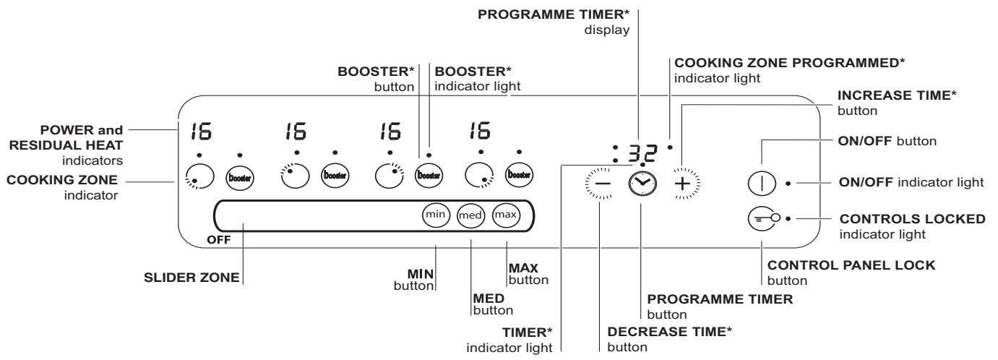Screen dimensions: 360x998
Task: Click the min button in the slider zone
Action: click(436, 215)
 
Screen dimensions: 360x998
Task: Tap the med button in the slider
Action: click(470, 215)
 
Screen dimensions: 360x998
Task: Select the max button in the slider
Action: click(505, 215)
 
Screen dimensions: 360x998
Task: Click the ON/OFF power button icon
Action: click(762, 182)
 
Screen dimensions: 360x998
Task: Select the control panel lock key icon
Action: click(763, 217)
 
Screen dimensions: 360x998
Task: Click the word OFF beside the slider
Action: click(218, 241)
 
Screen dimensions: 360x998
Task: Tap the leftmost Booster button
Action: click(240, 176)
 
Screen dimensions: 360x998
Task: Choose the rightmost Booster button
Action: click(518, 176)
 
